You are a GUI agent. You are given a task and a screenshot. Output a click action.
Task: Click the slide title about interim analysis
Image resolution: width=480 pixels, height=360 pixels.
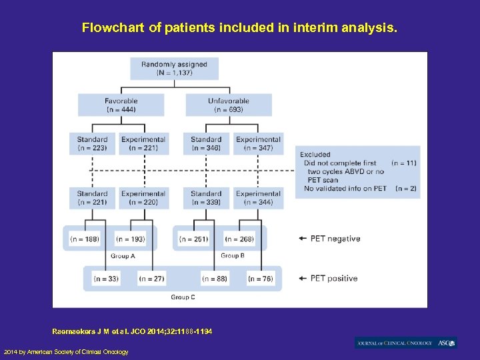pos(239,28)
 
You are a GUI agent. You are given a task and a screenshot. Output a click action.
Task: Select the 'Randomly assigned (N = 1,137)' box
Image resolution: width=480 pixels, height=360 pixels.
pos(174,69)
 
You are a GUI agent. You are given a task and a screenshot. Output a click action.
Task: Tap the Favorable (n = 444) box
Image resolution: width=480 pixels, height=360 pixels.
pos(121,105)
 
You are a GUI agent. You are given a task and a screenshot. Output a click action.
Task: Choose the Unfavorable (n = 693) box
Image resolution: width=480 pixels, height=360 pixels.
pos(229,105)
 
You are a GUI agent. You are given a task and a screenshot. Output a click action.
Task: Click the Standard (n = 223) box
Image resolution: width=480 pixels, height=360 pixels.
pos(92,143)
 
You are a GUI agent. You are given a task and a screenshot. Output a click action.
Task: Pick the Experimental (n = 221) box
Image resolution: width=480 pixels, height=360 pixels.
pos(143,143)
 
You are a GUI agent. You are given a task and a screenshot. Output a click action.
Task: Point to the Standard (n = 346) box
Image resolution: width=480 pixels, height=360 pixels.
pos(205,143)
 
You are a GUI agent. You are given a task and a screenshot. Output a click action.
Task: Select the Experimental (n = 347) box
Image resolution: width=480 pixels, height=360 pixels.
pos(258,143)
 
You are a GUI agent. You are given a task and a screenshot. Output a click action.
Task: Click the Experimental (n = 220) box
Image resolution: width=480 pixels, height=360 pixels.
pos(143,198)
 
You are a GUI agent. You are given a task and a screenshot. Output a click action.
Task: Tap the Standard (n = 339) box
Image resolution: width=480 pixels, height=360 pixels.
pos(205,198)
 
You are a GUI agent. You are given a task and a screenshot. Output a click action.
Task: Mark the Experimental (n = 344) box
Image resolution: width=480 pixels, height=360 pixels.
pos(258,198)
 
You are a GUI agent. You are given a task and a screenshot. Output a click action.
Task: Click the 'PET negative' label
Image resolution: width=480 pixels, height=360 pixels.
pos(335,239)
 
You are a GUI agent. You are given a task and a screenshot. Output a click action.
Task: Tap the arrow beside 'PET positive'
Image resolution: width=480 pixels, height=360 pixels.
pos(303,279)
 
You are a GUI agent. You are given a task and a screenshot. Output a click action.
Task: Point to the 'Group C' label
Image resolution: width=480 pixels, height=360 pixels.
pos(183,297)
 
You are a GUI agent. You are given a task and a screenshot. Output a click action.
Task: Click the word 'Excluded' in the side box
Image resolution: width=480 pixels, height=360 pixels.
pos(315,154)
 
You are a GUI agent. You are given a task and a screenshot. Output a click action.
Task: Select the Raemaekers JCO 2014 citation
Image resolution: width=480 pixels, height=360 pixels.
pos(132,331)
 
